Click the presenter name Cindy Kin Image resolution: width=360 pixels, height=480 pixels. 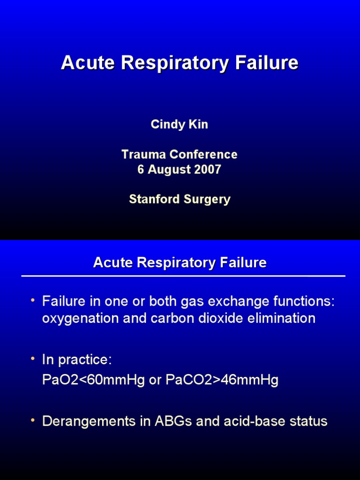click(180, 125)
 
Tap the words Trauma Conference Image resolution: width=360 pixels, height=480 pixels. click(180, 154)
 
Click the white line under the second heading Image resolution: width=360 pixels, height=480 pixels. click(183, 276)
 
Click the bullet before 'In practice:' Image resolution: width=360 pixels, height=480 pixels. click(33, 359)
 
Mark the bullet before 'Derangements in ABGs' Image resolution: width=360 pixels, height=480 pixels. click(33, 420)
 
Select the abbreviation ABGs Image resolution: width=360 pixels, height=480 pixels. click(173, 421)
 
